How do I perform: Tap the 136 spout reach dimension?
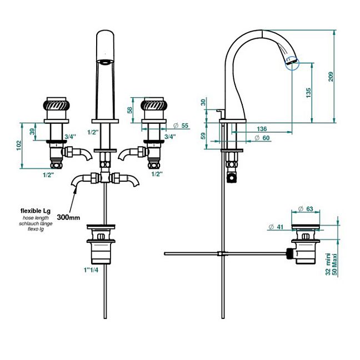coord(261,129)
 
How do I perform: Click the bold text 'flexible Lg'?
coord(36,211)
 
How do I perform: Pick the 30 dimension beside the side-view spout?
coord(203,102)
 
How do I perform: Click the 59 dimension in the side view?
coord(203,135)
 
